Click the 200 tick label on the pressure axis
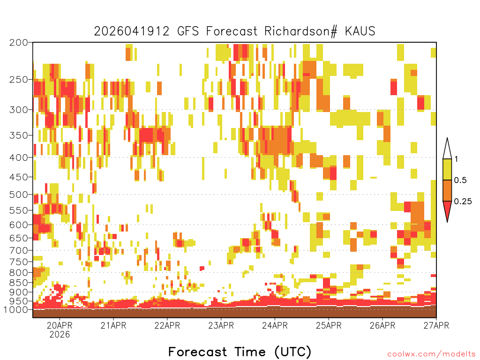point(18,43)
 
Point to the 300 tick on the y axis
point(18,110)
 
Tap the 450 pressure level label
point(18,177)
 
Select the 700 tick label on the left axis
point(18,250)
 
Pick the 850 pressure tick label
point(18,283)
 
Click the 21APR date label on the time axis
point(113,325)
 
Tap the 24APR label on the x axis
point(275,325)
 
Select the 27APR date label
point(436,325)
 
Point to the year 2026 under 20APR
point(60,334)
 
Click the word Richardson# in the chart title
point(301,31)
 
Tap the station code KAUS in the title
point(360,31)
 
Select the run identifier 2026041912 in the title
point(132,31)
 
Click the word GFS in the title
point(188,31)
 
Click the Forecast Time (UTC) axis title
point(240,352)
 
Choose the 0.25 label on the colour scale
point(463,201)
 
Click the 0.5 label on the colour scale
point(460,180)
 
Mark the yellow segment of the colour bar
point(447,169)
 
